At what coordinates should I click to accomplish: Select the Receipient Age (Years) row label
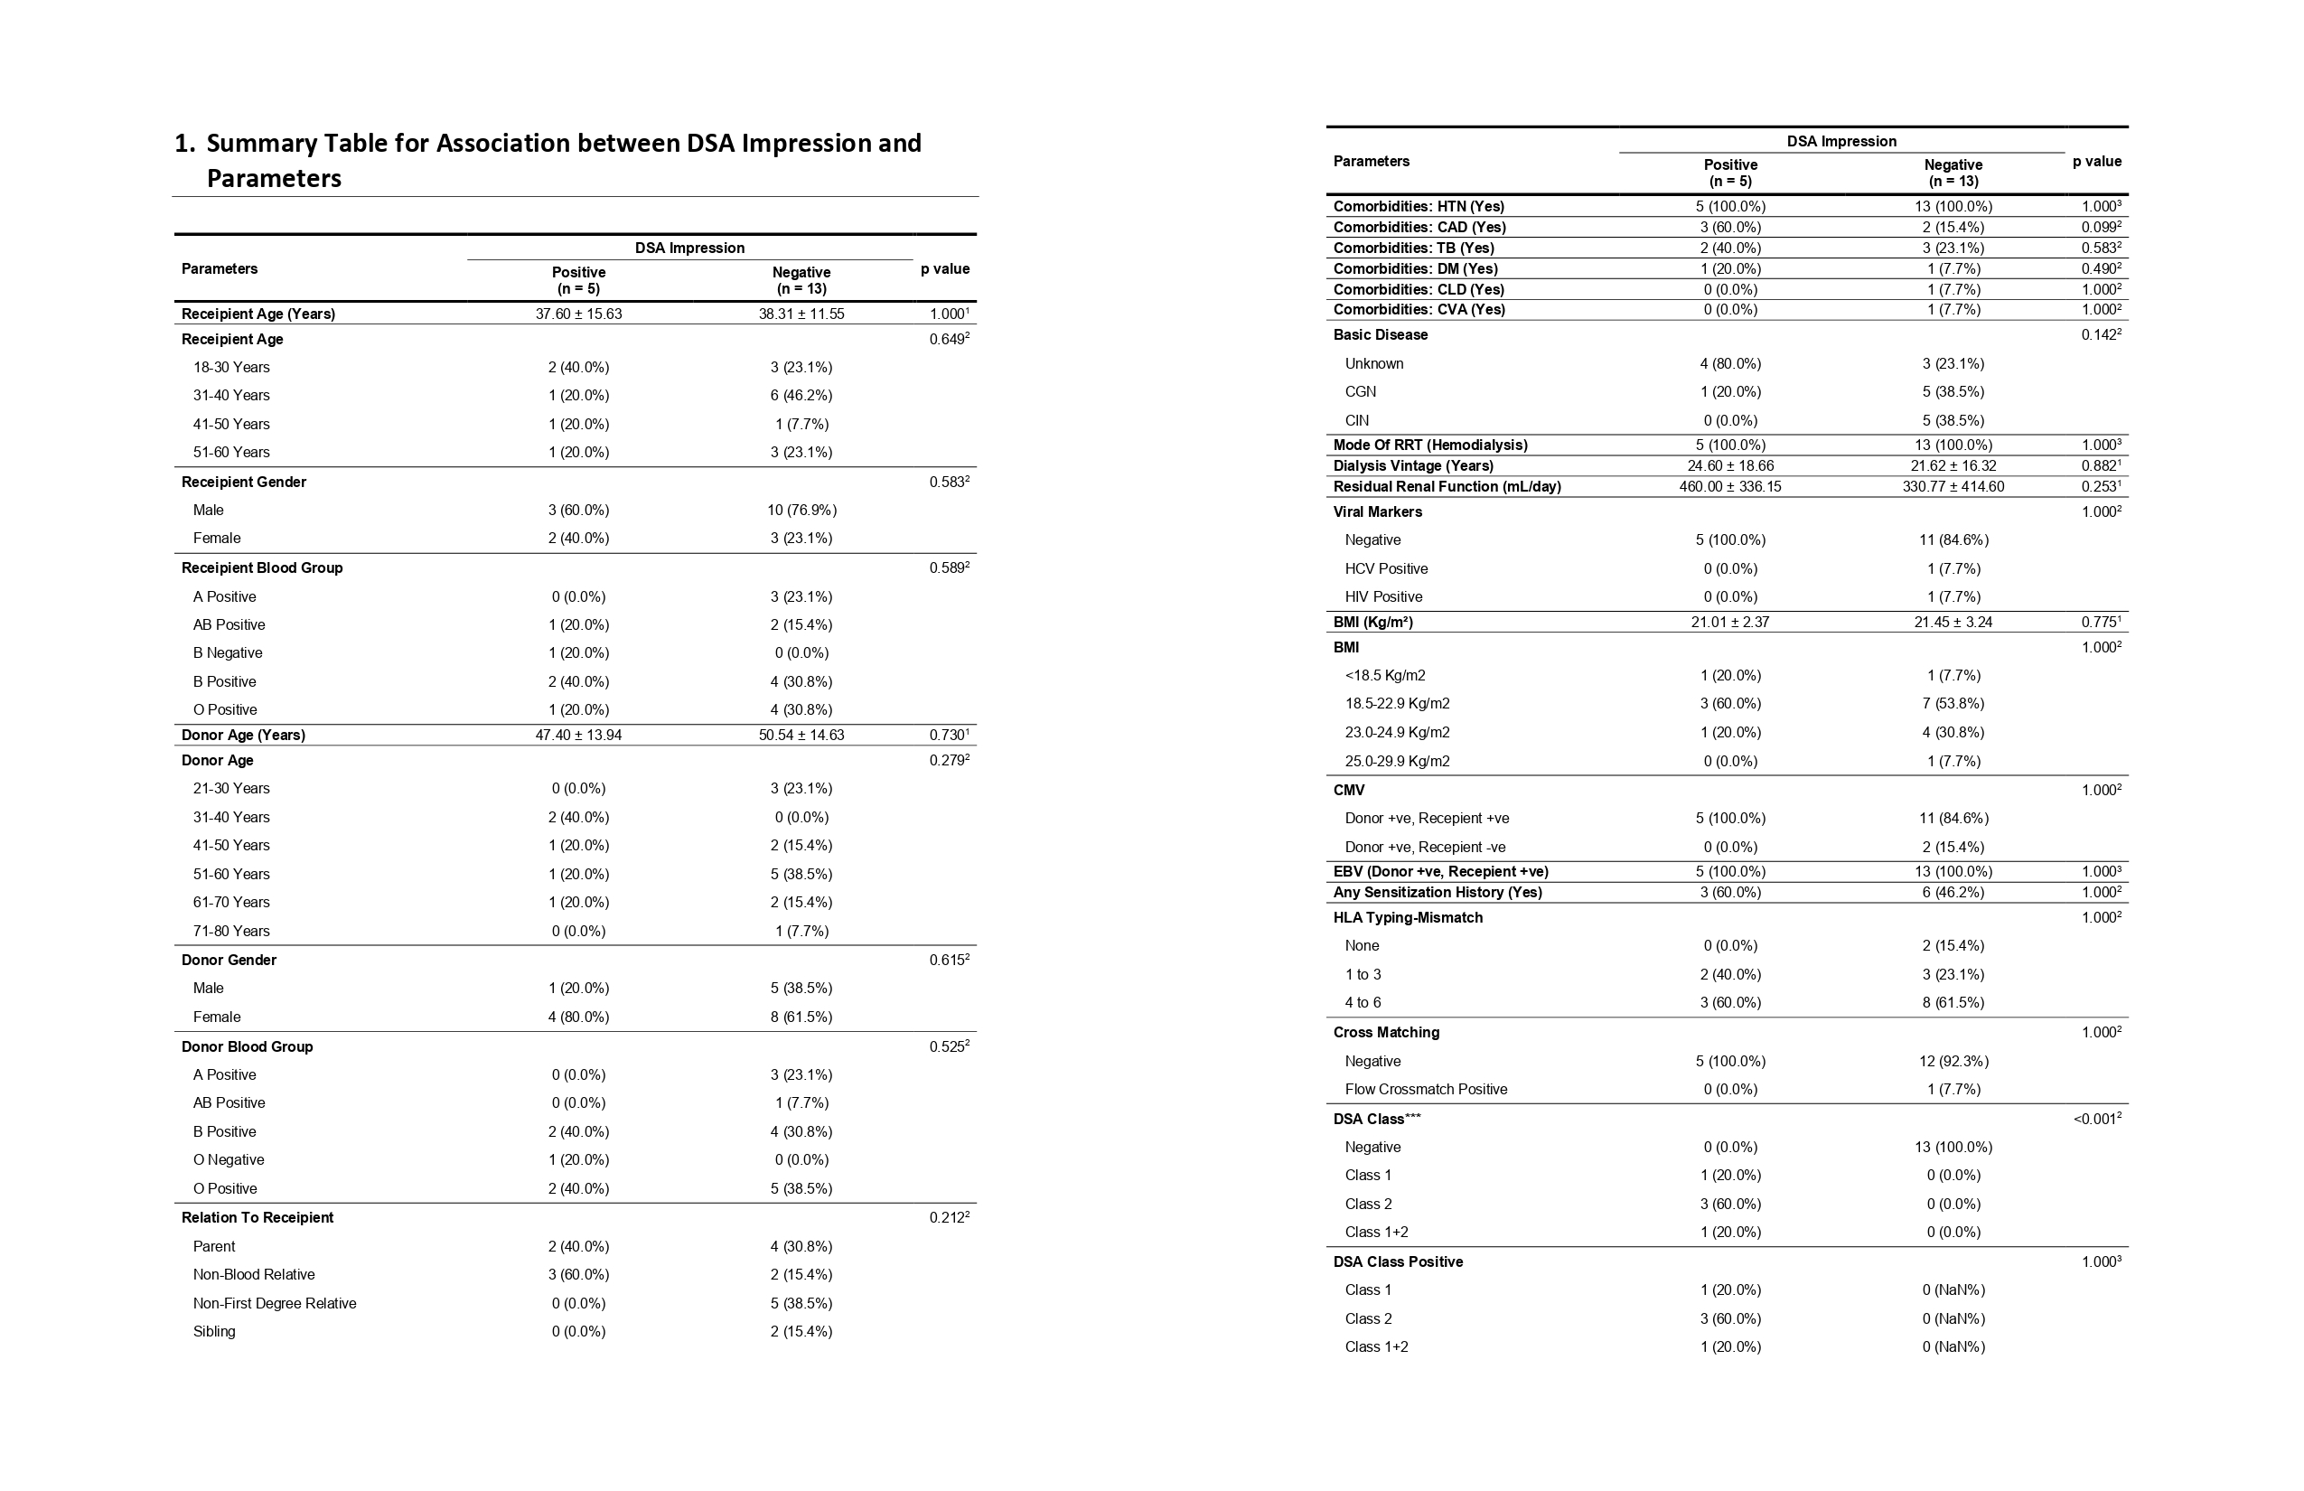(258, 314)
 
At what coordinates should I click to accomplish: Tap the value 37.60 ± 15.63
(578, 314)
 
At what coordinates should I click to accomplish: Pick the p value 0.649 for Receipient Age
(948, 339)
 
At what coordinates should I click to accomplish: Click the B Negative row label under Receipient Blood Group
(228, 652)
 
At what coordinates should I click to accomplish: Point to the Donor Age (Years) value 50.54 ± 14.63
(801, 735)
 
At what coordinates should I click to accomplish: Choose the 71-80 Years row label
(231, 931)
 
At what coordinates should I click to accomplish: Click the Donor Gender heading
(229, 960)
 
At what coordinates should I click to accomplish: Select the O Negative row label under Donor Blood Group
(229, 1160)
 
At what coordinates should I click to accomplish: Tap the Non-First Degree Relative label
(274, 1303)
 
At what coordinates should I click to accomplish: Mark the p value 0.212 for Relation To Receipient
(948, 1218)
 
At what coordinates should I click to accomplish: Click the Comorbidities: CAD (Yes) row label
(1419, 228)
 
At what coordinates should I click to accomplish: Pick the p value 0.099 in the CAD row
(2100, 228)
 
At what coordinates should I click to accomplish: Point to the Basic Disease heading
(1381, 335)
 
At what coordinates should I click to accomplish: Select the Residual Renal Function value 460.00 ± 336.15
(1730, 486)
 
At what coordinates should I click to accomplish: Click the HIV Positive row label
(1383, 596)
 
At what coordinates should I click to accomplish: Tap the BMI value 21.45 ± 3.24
(1953, 622)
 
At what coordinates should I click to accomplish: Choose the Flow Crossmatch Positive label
(1426, 1089)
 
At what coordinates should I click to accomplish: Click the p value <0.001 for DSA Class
(2096, 1120)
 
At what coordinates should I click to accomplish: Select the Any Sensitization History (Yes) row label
(1438, 892)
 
